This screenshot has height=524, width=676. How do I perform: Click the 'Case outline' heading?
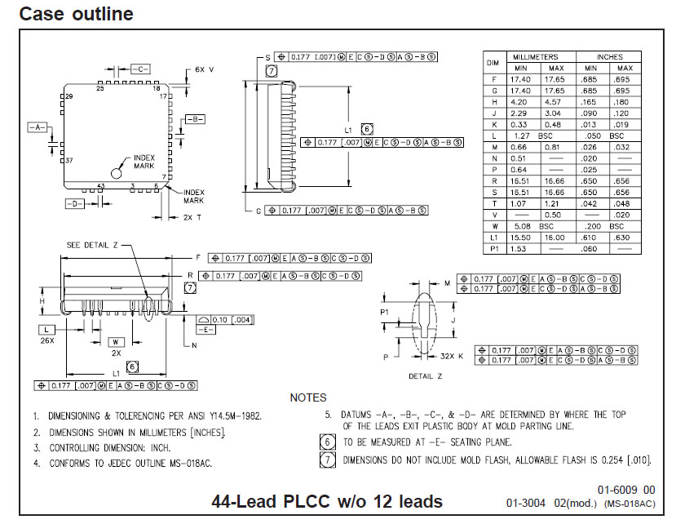76,14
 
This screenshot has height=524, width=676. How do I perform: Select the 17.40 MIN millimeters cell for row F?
520,79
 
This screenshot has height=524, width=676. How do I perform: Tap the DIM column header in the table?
493,62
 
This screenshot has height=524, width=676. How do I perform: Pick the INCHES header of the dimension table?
609,57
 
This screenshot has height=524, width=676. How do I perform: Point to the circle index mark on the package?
117,173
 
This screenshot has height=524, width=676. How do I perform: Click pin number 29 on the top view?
69,96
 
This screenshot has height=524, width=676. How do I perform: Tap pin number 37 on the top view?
69,161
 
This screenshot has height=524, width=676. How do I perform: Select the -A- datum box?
38,128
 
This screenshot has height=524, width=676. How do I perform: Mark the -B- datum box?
194,119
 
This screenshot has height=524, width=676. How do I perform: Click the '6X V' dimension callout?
205,70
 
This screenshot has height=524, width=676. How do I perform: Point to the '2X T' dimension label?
192,217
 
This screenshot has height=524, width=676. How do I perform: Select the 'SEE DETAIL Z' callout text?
95,245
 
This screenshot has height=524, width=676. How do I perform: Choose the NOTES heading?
308,397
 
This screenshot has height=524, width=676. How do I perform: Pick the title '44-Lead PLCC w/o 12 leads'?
327,501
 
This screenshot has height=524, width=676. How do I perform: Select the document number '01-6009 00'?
625,490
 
